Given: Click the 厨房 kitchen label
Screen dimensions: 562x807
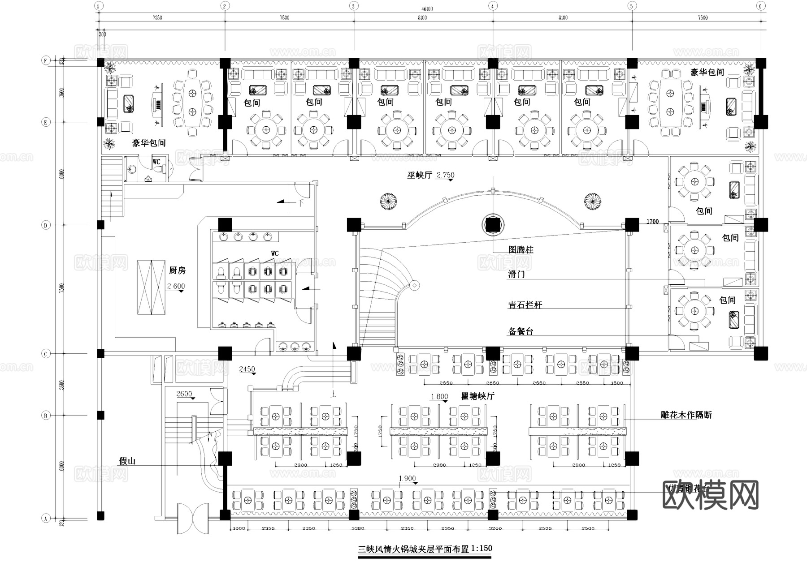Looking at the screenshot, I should click(x=177, y=270).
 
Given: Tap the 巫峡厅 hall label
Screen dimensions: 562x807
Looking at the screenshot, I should click(x=419, y=175).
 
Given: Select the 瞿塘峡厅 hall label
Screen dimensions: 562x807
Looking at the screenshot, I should click(x=477, y=396).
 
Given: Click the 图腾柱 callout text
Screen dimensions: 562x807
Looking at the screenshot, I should click(x=521, y=249).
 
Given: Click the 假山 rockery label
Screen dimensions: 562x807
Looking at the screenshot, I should click(x=127, y=461).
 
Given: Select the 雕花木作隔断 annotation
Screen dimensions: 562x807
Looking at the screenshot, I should click(x=686, y=415).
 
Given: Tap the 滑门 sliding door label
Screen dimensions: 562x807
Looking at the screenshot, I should click(x=516, y=274).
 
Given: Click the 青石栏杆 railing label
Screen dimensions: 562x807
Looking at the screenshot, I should click(x=525, y=305).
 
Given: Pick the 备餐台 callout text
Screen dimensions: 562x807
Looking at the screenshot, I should click(x=521, y=331).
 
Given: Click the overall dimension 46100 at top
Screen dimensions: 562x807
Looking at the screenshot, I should click(x=427, y=9).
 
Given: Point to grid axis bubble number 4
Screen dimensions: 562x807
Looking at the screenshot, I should click(x=493, y=6).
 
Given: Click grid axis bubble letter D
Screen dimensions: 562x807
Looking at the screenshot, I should click(x=45, y=225).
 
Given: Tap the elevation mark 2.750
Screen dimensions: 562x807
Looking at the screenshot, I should click(x=445, y=175).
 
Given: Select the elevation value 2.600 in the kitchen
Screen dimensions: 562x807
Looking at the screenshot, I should click(x=176, y=286).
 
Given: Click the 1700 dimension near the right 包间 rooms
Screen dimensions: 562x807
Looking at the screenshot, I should click(x=652, y=222).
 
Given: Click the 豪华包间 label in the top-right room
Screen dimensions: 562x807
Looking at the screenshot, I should click(x=707, y=72).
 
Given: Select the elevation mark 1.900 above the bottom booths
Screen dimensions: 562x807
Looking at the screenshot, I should click(x=407, y=479).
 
